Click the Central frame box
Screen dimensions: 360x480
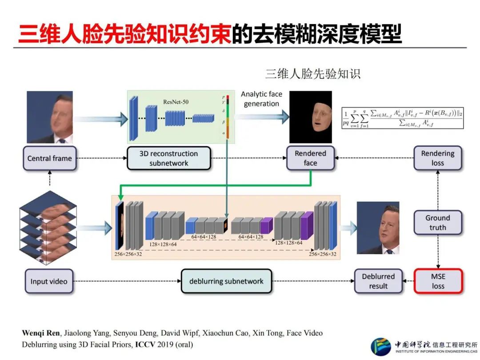[49, 158]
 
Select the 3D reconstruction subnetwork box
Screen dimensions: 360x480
[168, 158]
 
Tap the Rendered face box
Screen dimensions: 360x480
[310, 158]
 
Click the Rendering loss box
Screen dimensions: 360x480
[437, 158]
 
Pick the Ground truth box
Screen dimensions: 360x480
[437, 223]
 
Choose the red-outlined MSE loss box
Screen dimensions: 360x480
[438, 281]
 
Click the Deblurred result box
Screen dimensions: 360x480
[378, 281]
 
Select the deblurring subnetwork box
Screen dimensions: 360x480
[226, 281]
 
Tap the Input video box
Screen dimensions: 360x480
[49, 281]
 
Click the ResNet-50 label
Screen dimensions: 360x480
[176, 102]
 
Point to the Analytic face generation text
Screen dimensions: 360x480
[261, 99]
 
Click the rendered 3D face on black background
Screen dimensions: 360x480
[311, 117]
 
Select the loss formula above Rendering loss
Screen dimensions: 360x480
[403, 118]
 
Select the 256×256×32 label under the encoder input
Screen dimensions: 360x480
[128, 255]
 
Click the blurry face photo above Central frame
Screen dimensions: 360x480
[49, 117]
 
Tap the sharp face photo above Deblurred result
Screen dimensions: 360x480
[378, 228]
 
